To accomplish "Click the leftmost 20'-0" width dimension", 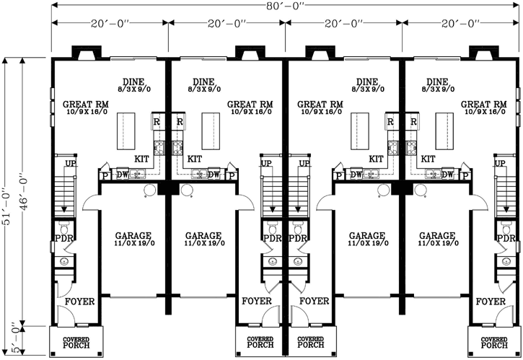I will click(x=110, y=24).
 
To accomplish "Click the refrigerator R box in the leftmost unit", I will click(x=157, y=121).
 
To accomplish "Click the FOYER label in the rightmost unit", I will click(x=491, y=301).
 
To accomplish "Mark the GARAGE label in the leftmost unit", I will click(x=132, y=236).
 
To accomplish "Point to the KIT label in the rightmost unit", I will click(x=427, y=159).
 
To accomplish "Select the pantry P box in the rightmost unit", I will click(x=465, y=175).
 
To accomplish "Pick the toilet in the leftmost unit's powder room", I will click(x=63, y=261).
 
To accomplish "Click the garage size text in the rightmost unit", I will click(x=436, y=244).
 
